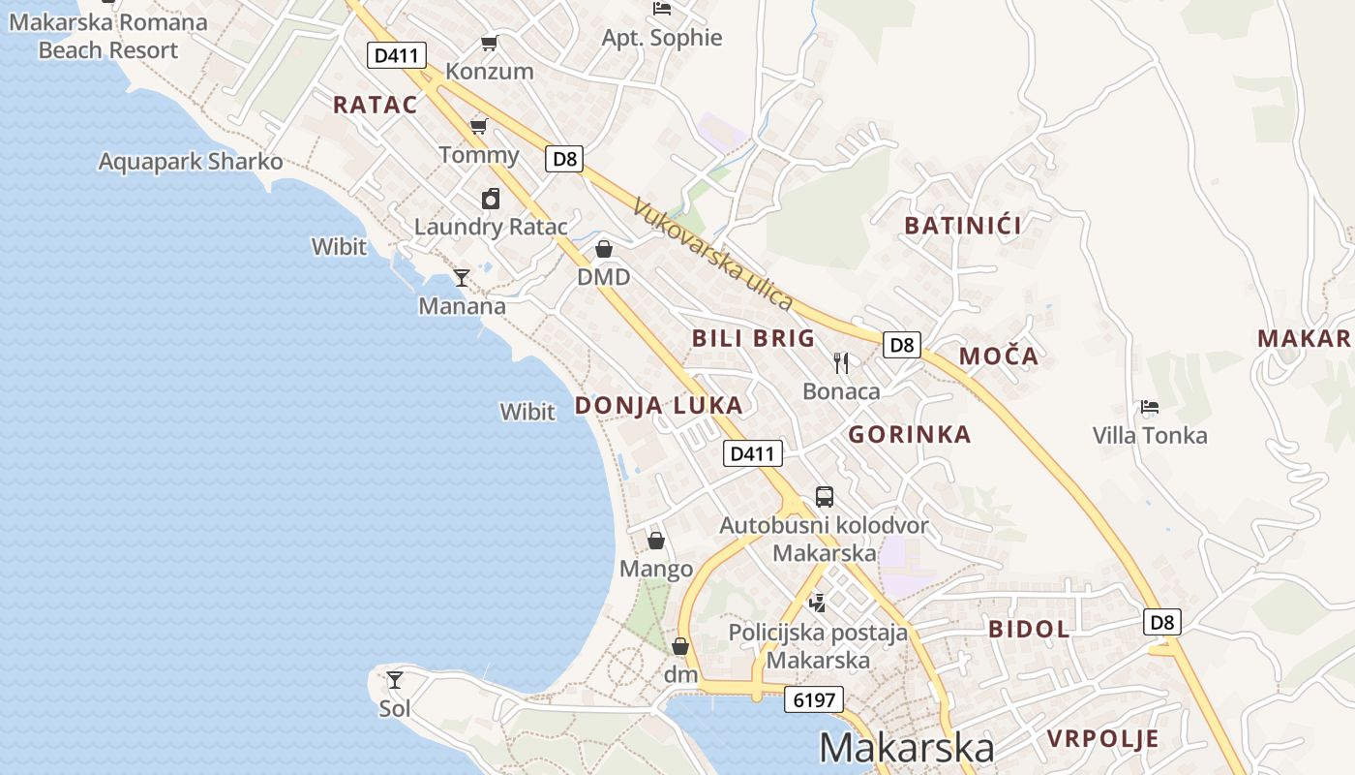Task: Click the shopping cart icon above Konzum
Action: tap(489, 43)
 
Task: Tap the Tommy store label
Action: tap(479, 155)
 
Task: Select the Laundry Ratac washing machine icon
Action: tap(491, 199)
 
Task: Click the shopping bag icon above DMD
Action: tap(604, 249)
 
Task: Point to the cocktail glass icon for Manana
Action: tap(462, 278)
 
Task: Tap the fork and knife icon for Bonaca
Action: tap(841, 363)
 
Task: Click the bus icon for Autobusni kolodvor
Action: tap(824, 497)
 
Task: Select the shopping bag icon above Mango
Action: tap(656, 540)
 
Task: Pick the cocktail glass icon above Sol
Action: tap(395, 679)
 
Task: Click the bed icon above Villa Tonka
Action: tap(1150, 407)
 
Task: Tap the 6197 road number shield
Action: tap(813, 699)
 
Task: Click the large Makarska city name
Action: tap(906, 748)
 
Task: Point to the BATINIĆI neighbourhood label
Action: tap(962, 226)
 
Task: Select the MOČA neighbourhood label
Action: tap(999, 356)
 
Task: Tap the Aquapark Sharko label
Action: tap(191, 162)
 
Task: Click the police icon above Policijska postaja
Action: tap(818, 603)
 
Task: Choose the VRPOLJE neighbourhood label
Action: tap(1102, 739)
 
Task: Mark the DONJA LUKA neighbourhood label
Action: tap(659, 406)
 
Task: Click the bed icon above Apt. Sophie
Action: tap(662, 9)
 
